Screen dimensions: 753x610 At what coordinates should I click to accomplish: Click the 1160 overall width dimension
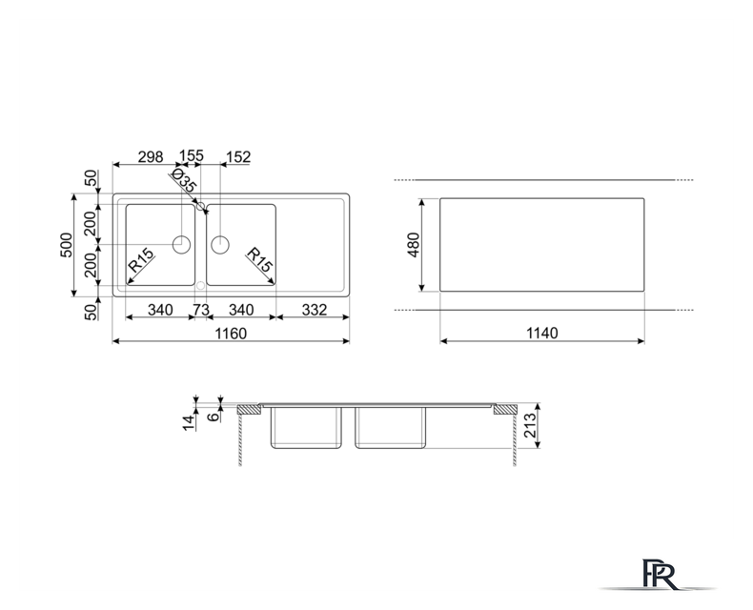231,334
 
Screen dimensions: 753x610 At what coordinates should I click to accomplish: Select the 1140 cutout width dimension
542,333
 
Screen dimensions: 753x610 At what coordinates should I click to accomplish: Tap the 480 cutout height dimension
414,245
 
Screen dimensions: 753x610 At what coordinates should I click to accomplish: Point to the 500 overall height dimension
67,245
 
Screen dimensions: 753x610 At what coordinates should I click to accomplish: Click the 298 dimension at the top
151,157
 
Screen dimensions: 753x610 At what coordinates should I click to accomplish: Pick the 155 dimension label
192,155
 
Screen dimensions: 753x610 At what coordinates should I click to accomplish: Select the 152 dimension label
238,157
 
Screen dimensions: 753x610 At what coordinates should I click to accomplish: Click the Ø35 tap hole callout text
183,180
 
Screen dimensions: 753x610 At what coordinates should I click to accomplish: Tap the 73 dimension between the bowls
201,310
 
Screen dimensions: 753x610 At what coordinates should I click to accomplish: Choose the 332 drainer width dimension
315,310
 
